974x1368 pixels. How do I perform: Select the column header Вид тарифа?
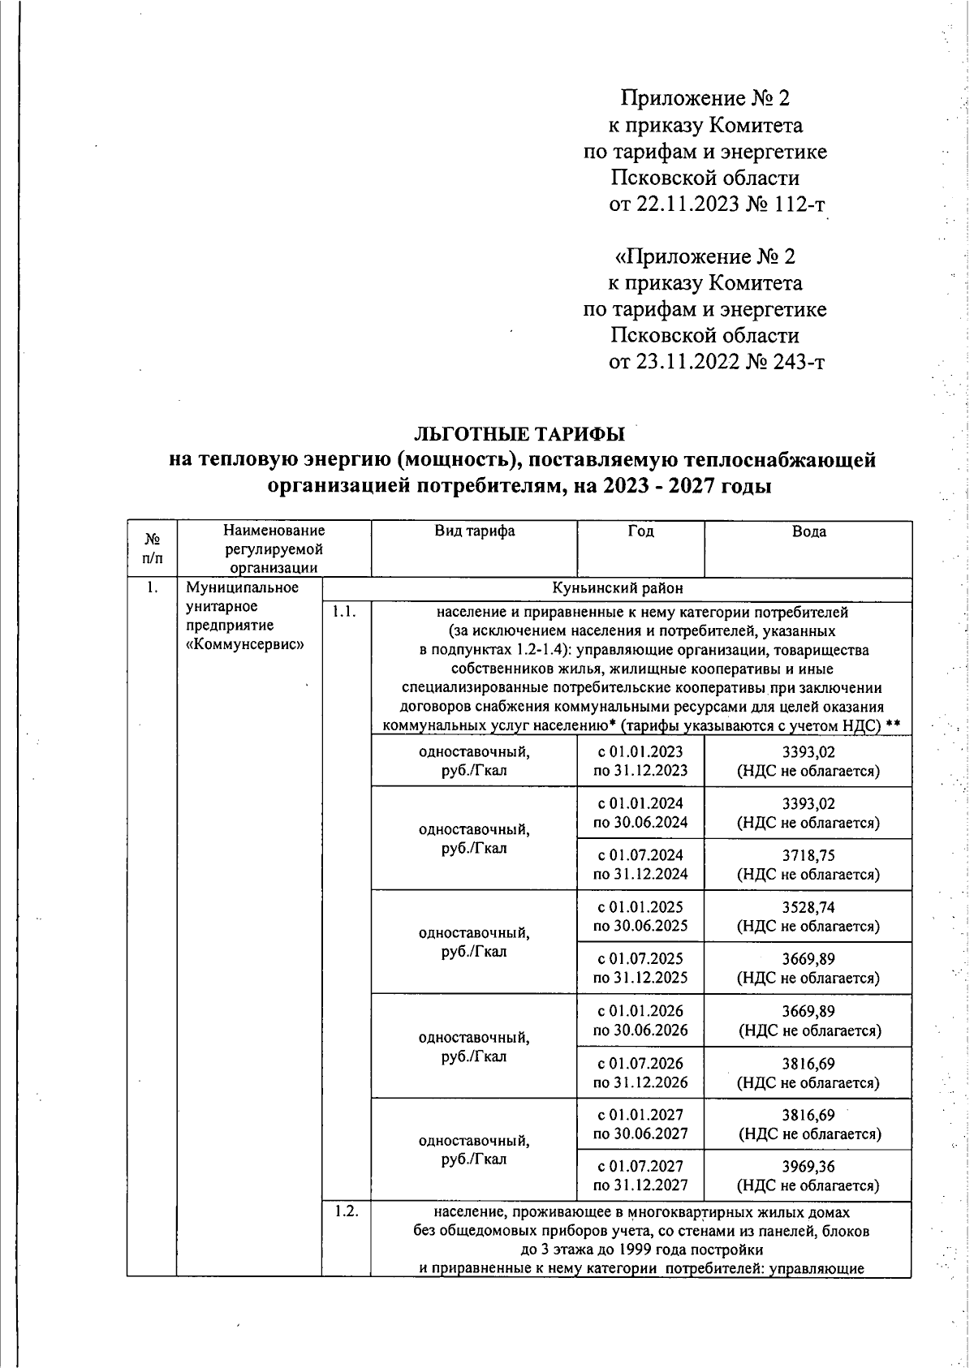[x=474, y=531]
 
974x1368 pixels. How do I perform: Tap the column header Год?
[x=640, y=531]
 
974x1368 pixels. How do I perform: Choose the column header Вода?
[x=808, y=531]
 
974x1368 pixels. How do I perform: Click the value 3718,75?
[x=808, y=855]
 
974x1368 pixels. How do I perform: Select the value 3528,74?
[x=808, y=907]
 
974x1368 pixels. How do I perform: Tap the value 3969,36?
[x=808, y=1167]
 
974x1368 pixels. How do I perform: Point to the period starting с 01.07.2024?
[x=640, y=855]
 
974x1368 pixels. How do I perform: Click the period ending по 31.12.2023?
[x=640, y=771]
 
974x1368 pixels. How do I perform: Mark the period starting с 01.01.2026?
[x=640, y=1011]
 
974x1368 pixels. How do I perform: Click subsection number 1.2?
[x=347, y=1213]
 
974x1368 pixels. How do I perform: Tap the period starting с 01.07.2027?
[x=640, y=1167]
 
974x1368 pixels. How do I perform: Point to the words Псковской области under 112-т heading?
[x=705, y=178]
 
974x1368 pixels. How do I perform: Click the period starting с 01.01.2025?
[x=640, y=907]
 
